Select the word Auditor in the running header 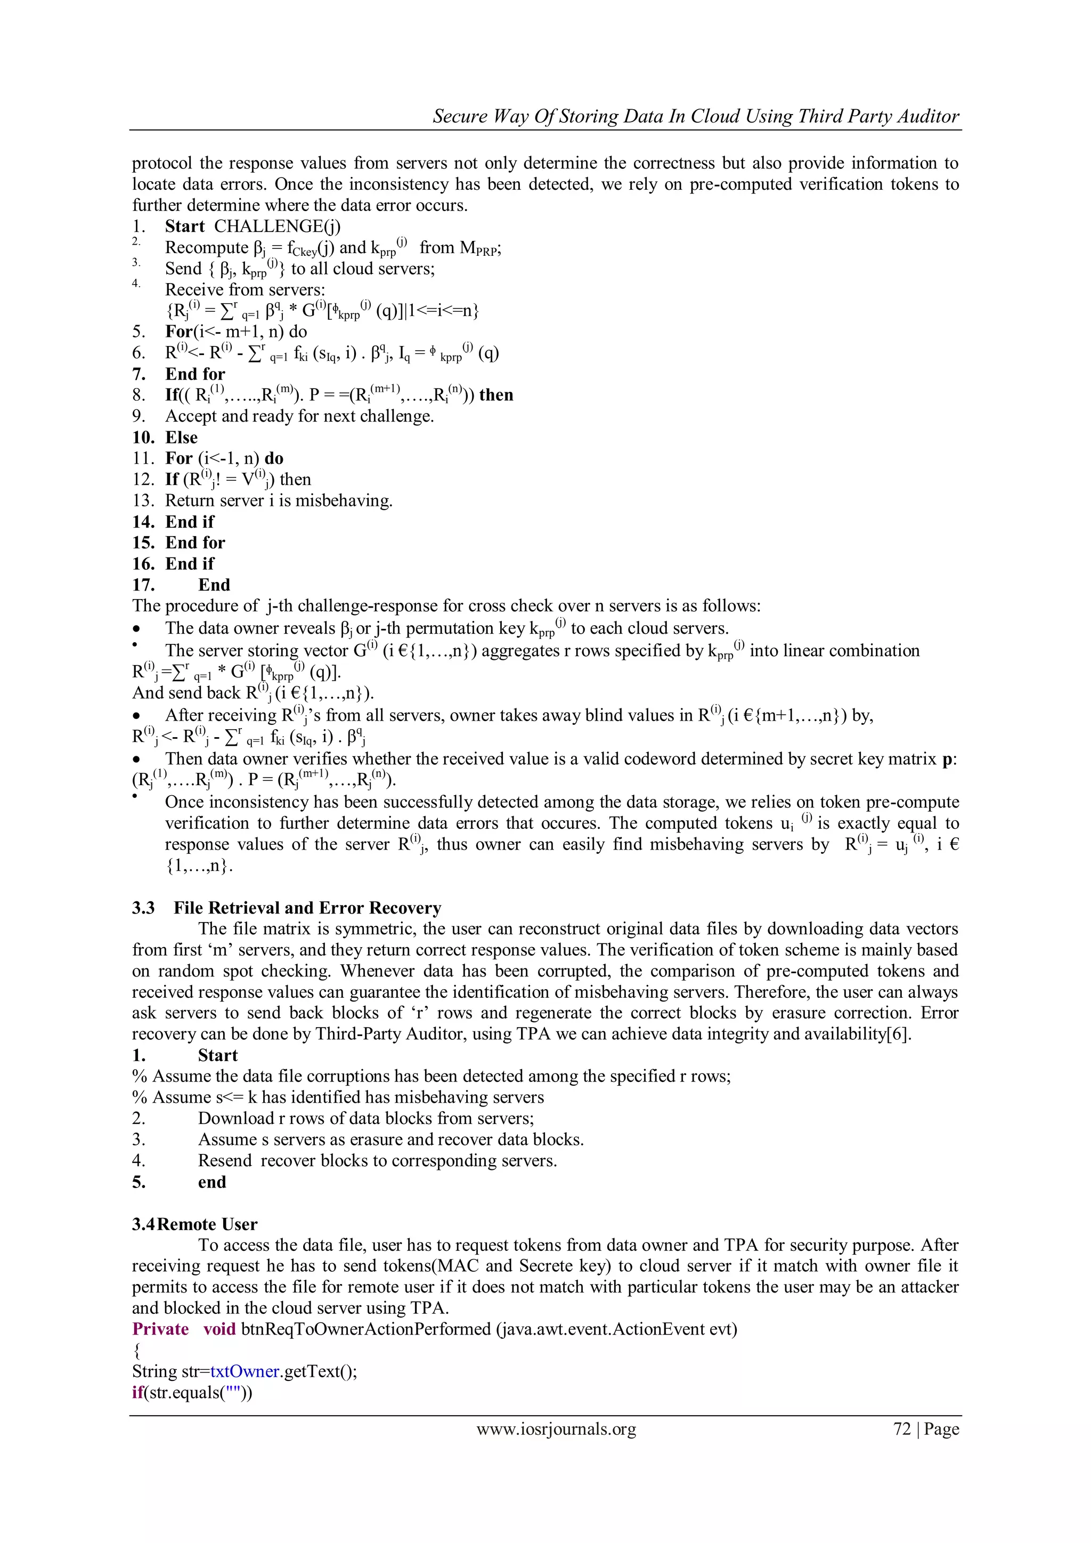click(x=929, y=116)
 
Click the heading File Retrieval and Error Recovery click(x=307, y=908)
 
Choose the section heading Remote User click(x=208, y=1224)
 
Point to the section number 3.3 click(x=143, y=908)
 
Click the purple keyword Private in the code click(x=160, y=1329)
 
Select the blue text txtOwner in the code click(x=245, y=1371)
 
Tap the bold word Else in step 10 click(x=181, y=438)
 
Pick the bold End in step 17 click(x=214, y=585)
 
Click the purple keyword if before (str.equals click(x=138, y=1392)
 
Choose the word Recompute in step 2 click(x=207, y=248)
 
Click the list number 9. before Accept click(x=139, y=417)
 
